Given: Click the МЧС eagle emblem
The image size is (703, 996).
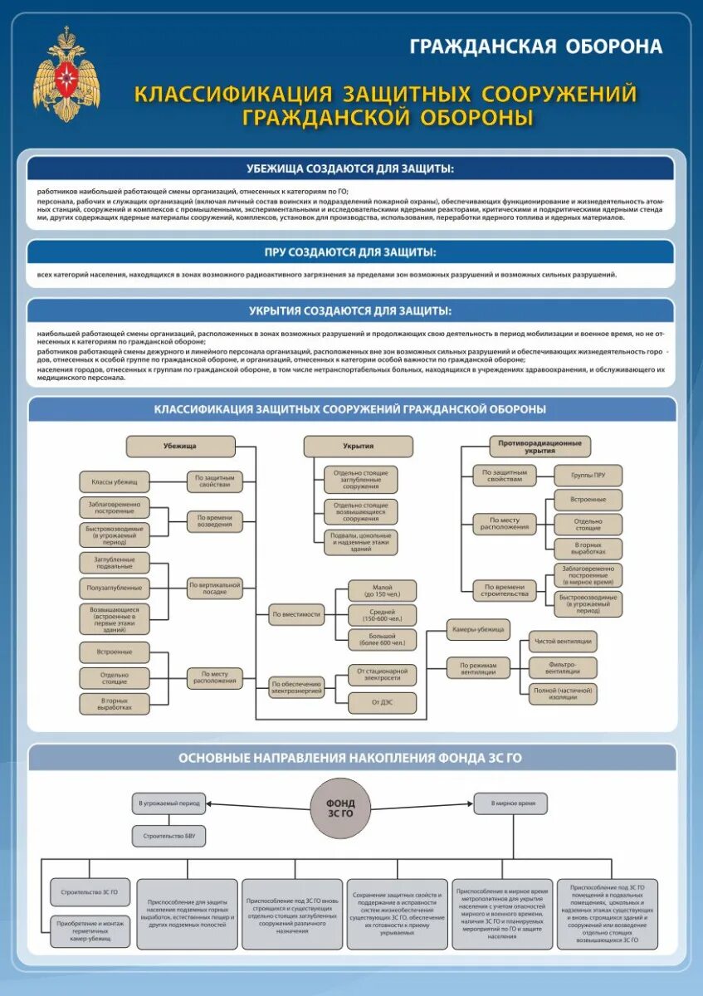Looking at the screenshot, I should [x=66, y=74].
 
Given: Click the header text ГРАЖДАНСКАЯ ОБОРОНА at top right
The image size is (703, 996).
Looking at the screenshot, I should [x=536, y=46].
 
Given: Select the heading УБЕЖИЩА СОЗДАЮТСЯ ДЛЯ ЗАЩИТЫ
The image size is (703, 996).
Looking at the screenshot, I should [x=350, y=169].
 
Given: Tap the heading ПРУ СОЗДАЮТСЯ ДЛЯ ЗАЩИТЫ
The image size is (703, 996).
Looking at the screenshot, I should [x=350, y=252].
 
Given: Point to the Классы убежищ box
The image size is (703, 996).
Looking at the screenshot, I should [x=115, y=481].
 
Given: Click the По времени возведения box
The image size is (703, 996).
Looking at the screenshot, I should [x=214, y=521].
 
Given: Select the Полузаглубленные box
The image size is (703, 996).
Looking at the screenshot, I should [x=115, y=588].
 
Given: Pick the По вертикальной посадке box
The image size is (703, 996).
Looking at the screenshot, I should [x=214, y=588].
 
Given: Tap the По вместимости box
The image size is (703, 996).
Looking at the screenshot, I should [x=296, y=615].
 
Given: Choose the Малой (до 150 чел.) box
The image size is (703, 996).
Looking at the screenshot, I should [x=382, y=591].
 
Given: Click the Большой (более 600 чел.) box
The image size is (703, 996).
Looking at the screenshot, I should [x=382, y=639].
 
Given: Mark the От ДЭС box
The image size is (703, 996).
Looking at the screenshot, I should [x=382, y=702].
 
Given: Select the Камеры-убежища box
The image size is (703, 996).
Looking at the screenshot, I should [x=478, y=629].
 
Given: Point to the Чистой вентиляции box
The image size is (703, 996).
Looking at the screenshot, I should [x=563, y=642].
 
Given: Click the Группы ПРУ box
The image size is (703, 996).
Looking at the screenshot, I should [x=588, y=476].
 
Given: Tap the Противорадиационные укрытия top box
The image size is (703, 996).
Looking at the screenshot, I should [x=539, y=447].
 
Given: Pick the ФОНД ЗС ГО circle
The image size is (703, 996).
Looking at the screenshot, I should [x=340, y=808].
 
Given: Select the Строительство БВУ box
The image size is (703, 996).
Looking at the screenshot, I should [x=168, y=836].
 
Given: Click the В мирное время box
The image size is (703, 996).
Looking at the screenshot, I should [x=510, y=803].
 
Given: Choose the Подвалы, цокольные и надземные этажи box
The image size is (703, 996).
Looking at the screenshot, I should [x=361, y=542].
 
